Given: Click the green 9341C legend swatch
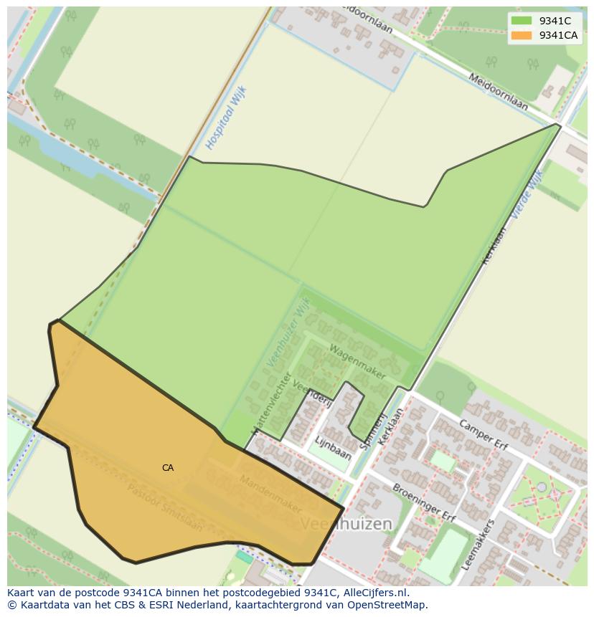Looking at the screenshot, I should point(522,21).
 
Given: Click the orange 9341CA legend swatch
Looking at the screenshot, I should point(522,35).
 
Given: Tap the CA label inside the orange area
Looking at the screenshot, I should point(168,468).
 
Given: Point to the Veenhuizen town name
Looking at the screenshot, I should point(346,524).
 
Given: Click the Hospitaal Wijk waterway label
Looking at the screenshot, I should point(225,118).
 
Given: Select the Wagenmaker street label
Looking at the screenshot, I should point(357,362).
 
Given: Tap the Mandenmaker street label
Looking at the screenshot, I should point(270,493).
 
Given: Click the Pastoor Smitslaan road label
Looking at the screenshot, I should point(165,507).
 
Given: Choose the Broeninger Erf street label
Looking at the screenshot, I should point(424,502).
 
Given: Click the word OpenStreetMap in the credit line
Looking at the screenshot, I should point(388,605).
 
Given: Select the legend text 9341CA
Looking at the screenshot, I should point(559,35).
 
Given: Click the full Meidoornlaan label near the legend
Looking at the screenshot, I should point(498,92).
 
